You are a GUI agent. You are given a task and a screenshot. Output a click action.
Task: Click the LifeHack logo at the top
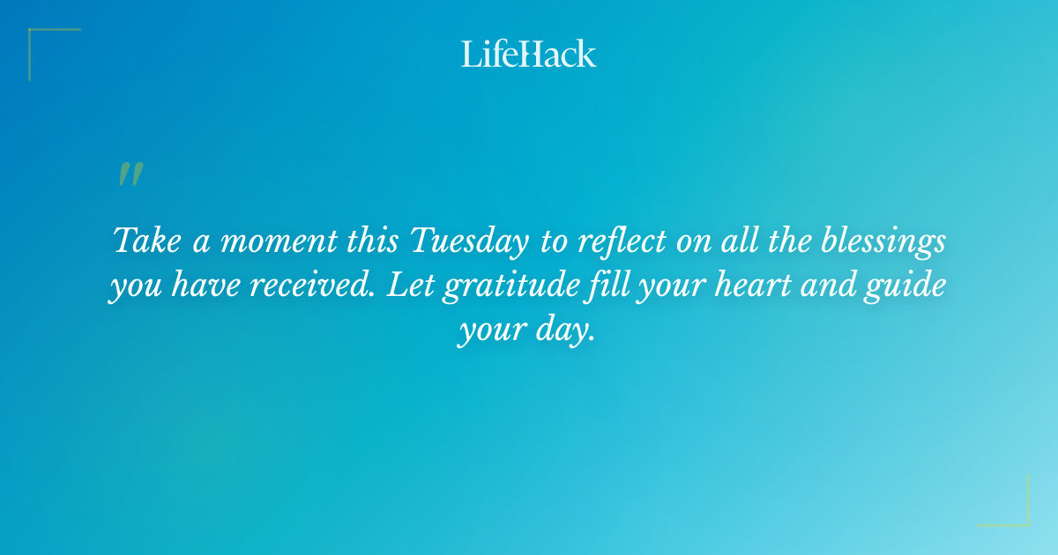coord(528,55)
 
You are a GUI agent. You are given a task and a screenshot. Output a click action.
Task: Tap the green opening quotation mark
coord(130,174)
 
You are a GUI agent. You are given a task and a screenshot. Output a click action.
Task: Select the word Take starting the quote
coord(147,240)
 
